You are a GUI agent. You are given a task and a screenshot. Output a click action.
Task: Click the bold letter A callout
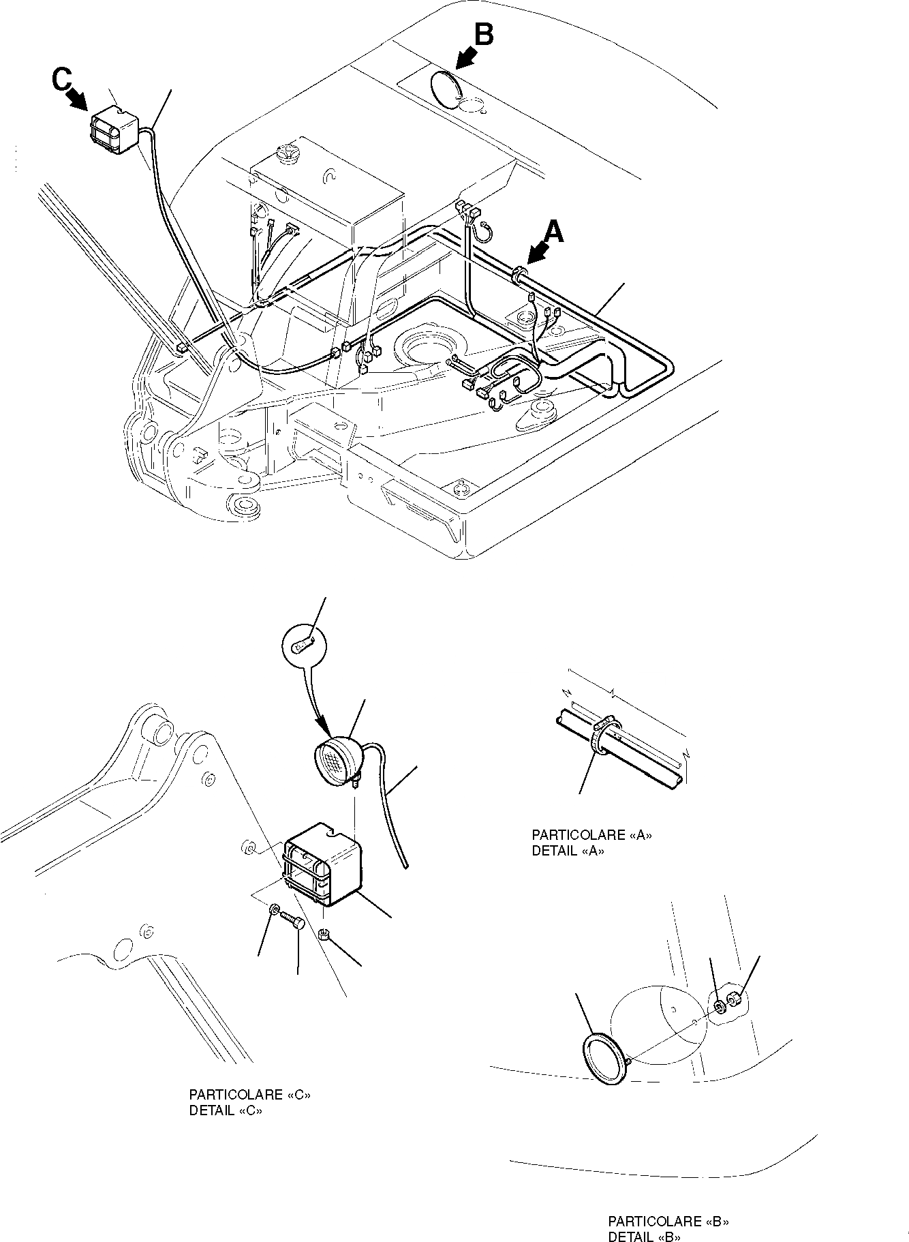(x=555, y=233)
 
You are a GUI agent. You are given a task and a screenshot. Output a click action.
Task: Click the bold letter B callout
(x=483, y=35)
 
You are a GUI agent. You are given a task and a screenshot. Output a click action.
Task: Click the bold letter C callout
(x=61, y=80)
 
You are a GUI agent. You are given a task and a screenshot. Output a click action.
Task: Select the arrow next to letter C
(x=78, y=100)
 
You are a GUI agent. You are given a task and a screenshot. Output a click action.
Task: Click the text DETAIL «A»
(x=568, y=851)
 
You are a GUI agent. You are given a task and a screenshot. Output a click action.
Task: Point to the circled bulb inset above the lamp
(x=304, y=645)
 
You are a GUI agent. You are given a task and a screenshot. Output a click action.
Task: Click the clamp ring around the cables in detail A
(x=604, y=737)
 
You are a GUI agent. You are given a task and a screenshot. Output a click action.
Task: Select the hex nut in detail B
(x=735, y=1000)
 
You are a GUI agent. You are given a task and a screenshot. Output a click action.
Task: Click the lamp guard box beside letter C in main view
(x=114, y=131)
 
